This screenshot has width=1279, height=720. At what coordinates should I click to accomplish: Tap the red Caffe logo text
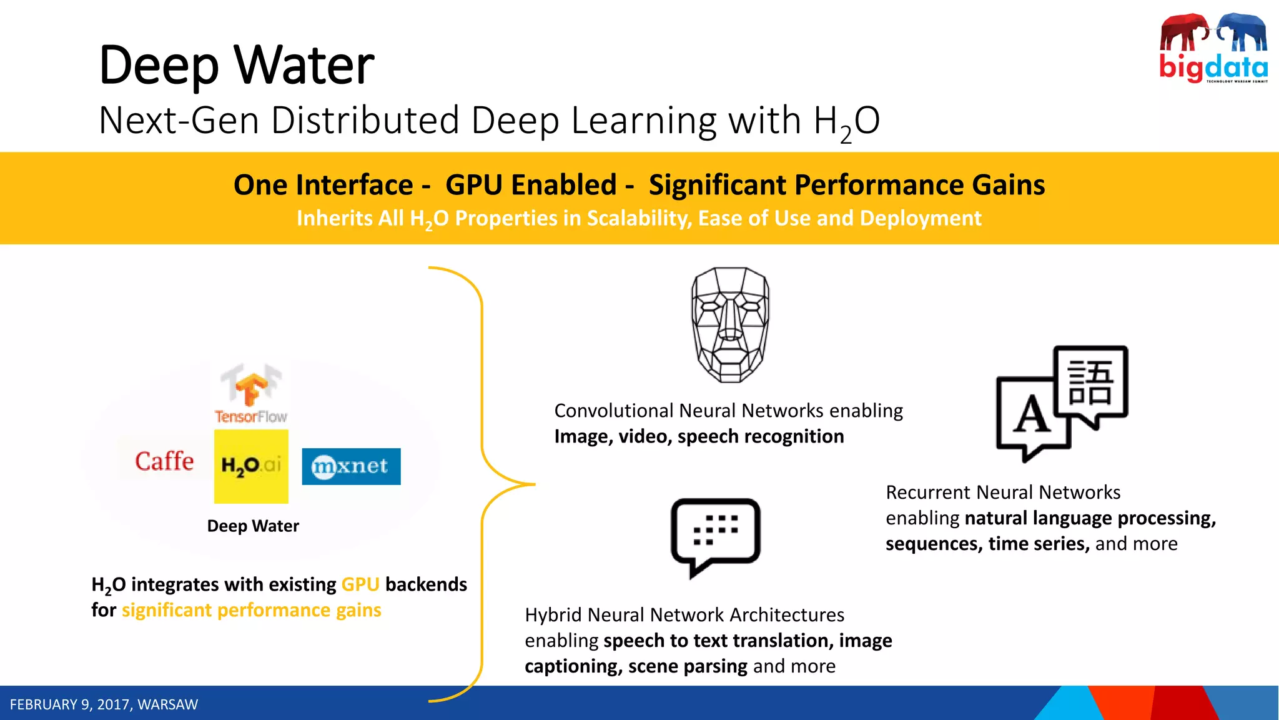click(x=164, y=461)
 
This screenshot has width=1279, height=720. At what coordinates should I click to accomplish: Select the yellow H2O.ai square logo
click(x=251, y=466)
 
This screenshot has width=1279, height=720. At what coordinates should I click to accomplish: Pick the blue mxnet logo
click(x=351, y=466)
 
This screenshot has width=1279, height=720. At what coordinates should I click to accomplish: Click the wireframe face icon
click(x=730, y=324)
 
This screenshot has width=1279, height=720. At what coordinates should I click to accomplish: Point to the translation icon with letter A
click(x=1062, y=403)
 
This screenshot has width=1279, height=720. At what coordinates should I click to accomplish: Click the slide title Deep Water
click(x=237, y=65)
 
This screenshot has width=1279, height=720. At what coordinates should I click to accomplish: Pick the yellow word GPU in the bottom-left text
click(x=360, y=584)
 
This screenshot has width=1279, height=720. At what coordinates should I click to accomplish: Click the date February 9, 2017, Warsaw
click(x=104, y=704)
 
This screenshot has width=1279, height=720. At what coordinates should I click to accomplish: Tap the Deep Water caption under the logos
click(x=253, y=526)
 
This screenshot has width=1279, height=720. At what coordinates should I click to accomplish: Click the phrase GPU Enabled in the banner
click(x=531, y=185)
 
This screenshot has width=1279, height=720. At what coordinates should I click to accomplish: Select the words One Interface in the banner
click(x=323, y=185)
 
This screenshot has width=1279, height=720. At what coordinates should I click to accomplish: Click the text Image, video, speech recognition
click(x=699, y=436)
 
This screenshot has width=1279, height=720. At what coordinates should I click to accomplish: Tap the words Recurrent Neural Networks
click(x=1003, y=492)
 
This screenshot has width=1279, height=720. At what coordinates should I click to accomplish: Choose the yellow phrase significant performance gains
click(x=251, y=610)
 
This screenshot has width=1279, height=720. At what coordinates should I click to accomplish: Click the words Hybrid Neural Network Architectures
click(x=684, y=615)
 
